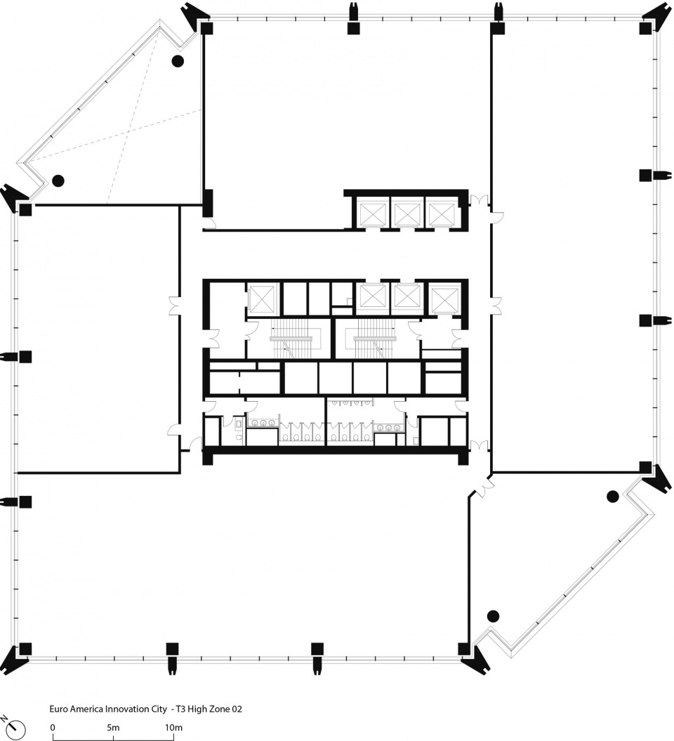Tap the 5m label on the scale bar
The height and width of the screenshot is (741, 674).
tap(113, 727)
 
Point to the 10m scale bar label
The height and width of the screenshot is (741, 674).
tap(173, 727)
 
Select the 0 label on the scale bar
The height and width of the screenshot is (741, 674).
tap(53, 727)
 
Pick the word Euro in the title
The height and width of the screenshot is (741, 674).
tap(57, 709)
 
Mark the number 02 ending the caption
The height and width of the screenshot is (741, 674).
tap(237, 709)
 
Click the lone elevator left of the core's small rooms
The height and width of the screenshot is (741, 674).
tap(262, 299)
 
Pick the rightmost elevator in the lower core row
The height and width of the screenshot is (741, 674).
tap(445, 299)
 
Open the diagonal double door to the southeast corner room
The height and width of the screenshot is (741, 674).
tap(484, 487)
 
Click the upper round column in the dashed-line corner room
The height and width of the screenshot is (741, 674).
tap(178, 60)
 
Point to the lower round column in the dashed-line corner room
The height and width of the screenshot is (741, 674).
tap(58, 180)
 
